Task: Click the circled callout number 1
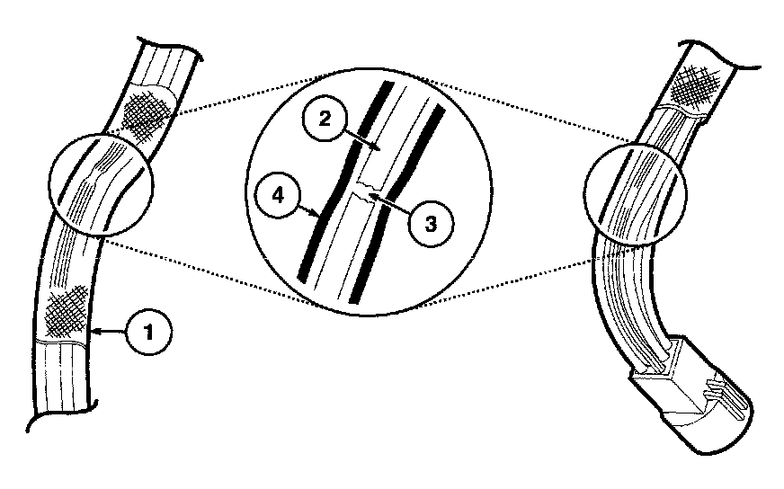click(148, 332)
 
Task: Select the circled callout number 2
click(325, 120)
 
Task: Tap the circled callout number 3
click(431, 224)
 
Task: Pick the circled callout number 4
click(278, 195)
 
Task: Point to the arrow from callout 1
click(109, 331)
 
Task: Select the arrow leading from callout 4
click(309, 209)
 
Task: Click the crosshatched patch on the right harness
click(695, 86)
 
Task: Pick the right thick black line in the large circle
click(395, 204)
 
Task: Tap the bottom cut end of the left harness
click(61, 411)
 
